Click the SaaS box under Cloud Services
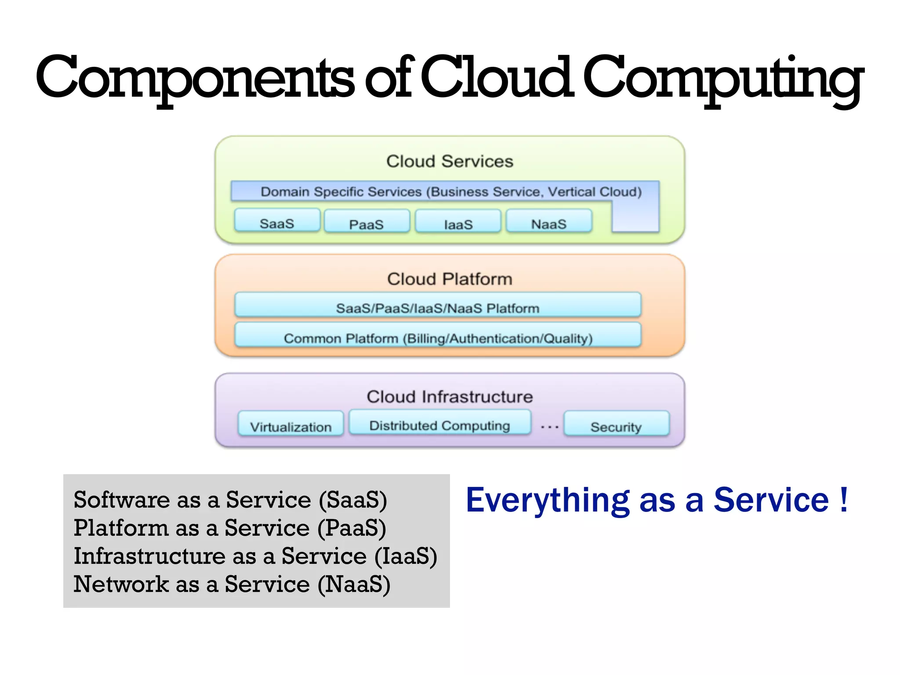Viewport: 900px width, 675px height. coord(277,221)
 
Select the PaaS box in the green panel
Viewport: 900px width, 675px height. coord(367,221)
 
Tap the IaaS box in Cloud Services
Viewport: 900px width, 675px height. coord(458,221)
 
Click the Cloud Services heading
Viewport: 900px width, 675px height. coord(450,161)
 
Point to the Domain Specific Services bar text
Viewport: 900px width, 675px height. coord(451,192)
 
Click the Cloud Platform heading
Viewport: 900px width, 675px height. coord(450,279)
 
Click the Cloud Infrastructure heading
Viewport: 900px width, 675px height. coord(450,397)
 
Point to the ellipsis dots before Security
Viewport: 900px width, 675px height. coord(549,427)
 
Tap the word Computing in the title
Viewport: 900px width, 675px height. coord(722,78)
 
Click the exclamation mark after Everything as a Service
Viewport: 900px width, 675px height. coord(843,500)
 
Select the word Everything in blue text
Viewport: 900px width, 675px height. coord(548,501)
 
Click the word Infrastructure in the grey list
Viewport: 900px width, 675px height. coord(149,556)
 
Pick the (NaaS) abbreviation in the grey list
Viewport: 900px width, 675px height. coord(354,584)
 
